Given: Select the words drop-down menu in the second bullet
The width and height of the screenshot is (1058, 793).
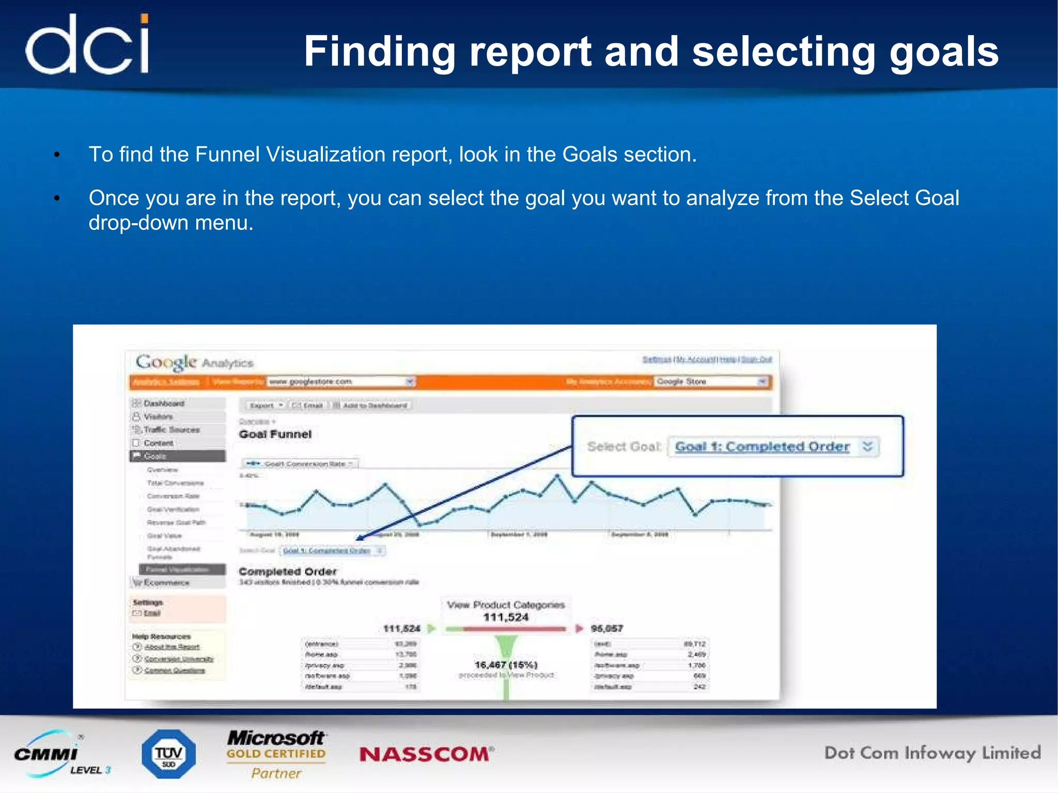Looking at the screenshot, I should pyautogui.click(x=171, y=223).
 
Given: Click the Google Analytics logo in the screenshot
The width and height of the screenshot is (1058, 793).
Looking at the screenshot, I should pyautogui.click(x=194, y=362).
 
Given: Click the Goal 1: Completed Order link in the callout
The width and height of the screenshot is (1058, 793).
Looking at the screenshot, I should pyautogui.click(x=762, y=446).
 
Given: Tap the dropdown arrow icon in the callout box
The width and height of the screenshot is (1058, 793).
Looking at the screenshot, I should pyautogui.click(x=867, y=446).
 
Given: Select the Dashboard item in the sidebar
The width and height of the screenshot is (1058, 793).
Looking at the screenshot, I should pyautogui.click(x=164, y=403).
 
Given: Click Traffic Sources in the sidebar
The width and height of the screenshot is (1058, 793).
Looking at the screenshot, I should pyautogui.click(x=172, y=430).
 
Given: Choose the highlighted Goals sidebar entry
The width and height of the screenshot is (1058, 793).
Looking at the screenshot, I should pyautogui.click(x=177, y=456).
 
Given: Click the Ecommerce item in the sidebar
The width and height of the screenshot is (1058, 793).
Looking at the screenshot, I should pyautogui.click(x=166, y=583).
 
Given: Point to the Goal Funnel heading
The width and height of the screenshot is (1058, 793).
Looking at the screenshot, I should pyautogui.click(x=275, y=434).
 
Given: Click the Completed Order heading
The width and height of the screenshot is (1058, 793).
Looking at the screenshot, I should pyautogui.click(x=288, y=571).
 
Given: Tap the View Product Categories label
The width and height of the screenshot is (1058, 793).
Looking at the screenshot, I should pyautogui.click(x=506, y=604).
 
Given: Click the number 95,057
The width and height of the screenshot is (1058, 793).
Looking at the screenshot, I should pyautogui.click(x=607, y=629).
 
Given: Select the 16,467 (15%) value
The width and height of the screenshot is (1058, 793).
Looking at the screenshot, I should pyautogui.click(x=506, y=664).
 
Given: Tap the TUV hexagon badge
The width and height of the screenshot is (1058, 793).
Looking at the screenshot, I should pyautogui.click(x=168, y=754).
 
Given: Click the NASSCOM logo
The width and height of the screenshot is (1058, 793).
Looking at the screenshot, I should pyautogui.click(x=426, y=754).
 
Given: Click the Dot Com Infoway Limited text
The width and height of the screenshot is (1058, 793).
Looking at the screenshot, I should pyautogui.click(x=932, y=753).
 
